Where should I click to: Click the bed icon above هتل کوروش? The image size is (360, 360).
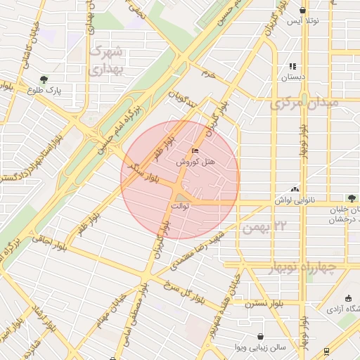(x=195, y=150)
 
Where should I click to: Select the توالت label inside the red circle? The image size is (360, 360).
(x=180, y=206)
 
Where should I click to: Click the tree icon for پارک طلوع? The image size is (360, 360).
(x=45, y=79)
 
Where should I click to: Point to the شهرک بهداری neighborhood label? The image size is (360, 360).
(x=107, y=60)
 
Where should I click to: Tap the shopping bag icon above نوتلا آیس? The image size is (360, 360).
(x=302, y=11)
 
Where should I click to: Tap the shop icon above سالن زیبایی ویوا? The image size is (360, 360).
(x=262, y=337)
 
